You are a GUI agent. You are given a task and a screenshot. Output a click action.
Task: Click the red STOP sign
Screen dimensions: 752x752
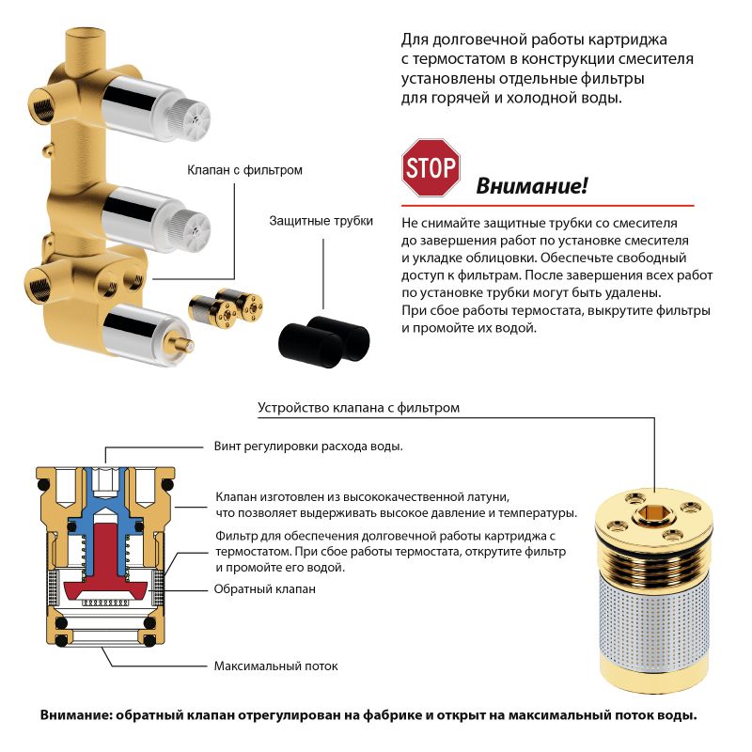(x=431, y=167)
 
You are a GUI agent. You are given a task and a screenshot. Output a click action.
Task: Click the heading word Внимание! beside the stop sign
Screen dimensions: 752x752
(x=532, y=185)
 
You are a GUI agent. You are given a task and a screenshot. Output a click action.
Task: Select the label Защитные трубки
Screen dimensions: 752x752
(x=321, y=221)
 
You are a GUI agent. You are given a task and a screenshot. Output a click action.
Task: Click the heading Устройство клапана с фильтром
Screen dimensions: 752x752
(x=358, y=408)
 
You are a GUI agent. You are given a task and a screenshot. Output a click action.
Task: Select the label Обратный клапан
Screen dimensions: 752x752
(x=265, y=588)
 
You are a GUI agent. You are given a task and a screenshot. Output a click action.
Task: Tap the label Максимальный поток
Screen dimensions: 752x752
(x=275, y=666)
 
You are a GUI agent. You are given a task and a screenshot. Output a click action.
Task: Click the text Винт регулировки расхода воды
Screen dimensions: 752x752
(x=308, y=446)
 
